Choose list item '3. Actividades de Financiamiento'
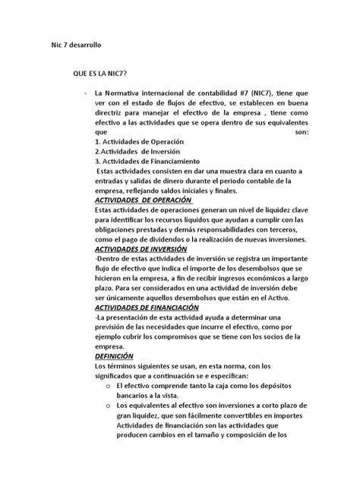pos(147,161)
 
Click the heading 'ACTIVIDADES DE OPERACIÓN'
pos(144,200)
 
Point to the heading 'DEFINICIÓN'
pos(114,356)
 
